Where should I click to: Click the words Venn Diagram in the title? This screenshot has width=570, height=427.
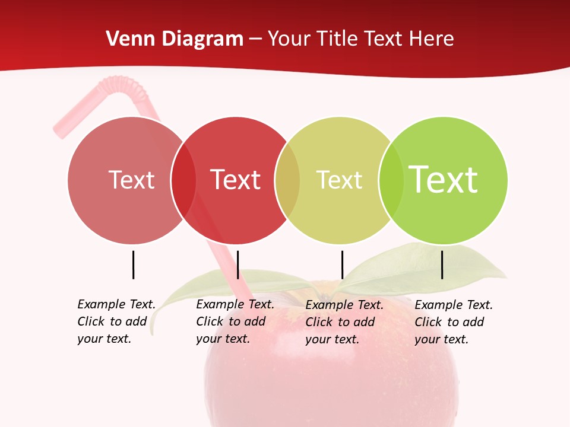pyautogui.click(x=175, y=39)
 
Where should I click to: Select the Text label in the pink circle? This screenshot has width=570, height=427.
pyautogui.click(x=131, y=180)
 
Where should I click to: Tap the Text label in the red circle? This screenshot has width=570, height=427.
pyautogui.click(x=236, y=180)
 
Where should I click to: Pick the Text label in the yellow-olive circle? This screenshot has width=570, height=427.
pyautogui.click(x=339, y=180)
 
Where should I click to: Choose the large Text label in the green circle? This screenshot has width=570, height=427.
pyautogui.click(x=444, y=180)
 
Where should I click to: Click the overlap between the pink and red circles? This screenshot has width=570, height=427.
pyautogui.click(x=183, y=180)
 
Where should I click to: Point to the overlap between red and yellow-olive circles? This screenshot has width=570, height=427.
pyautogui.click(x=287, y=180)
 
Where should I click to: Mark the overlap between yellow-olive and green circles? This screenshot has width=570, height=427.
pyautogui.click(x=391, y=180)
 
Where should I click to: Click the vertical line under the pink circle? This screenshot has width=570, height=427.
pyautogui.click(x=134, y=265)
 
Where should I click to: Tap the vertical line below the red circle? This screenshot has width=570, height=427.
pyautogui.click(x=237, y=265)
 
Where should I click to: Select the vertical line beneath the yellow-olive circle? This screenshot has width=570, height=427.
pyautogui.click(x=342, y=265)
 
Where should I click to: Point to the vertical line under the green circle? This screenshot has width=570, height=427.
pyautogui.click(x=442, y=265)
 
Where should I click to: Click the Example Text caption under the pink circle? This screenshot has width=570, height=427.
pyautogui.click(x=116, y=321)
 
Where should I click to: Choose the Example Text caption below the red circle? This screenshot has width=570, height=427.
pyautogui.click(x=235, y=321)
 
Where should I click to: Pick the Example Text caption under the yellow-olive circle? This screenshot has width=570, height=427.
pyautogui.click(x=344, y=322)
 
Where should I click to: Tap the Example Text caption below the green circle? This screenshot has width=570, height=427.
pyautogui.click(x=454, y=322)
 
